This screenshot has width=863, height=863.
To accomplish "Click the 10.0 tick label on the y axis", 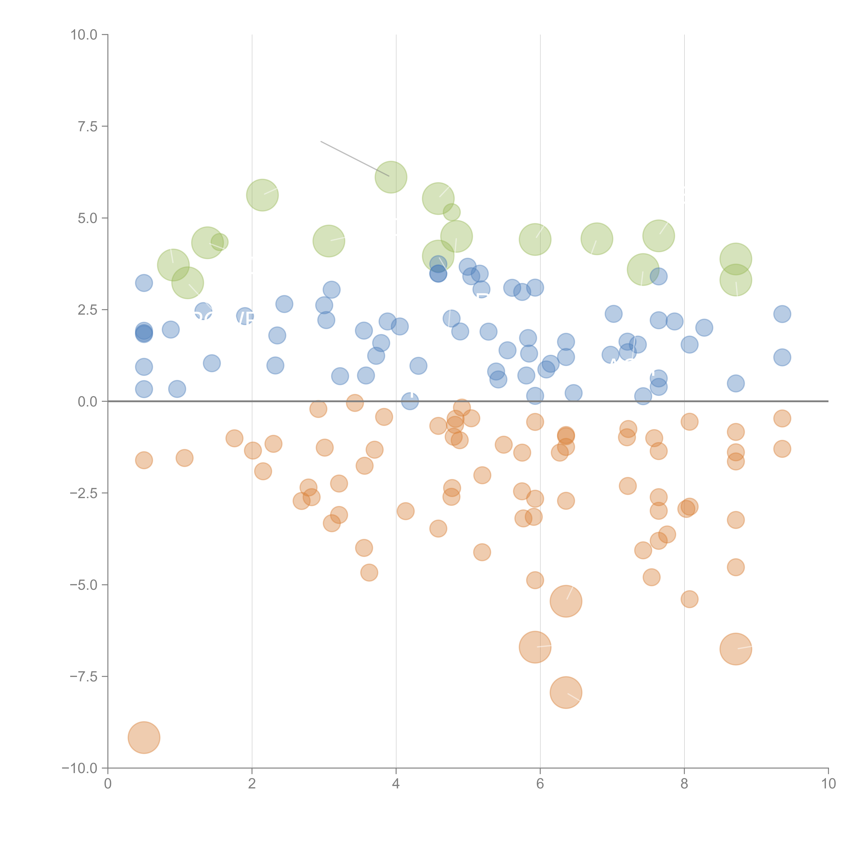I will (84, 35).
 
